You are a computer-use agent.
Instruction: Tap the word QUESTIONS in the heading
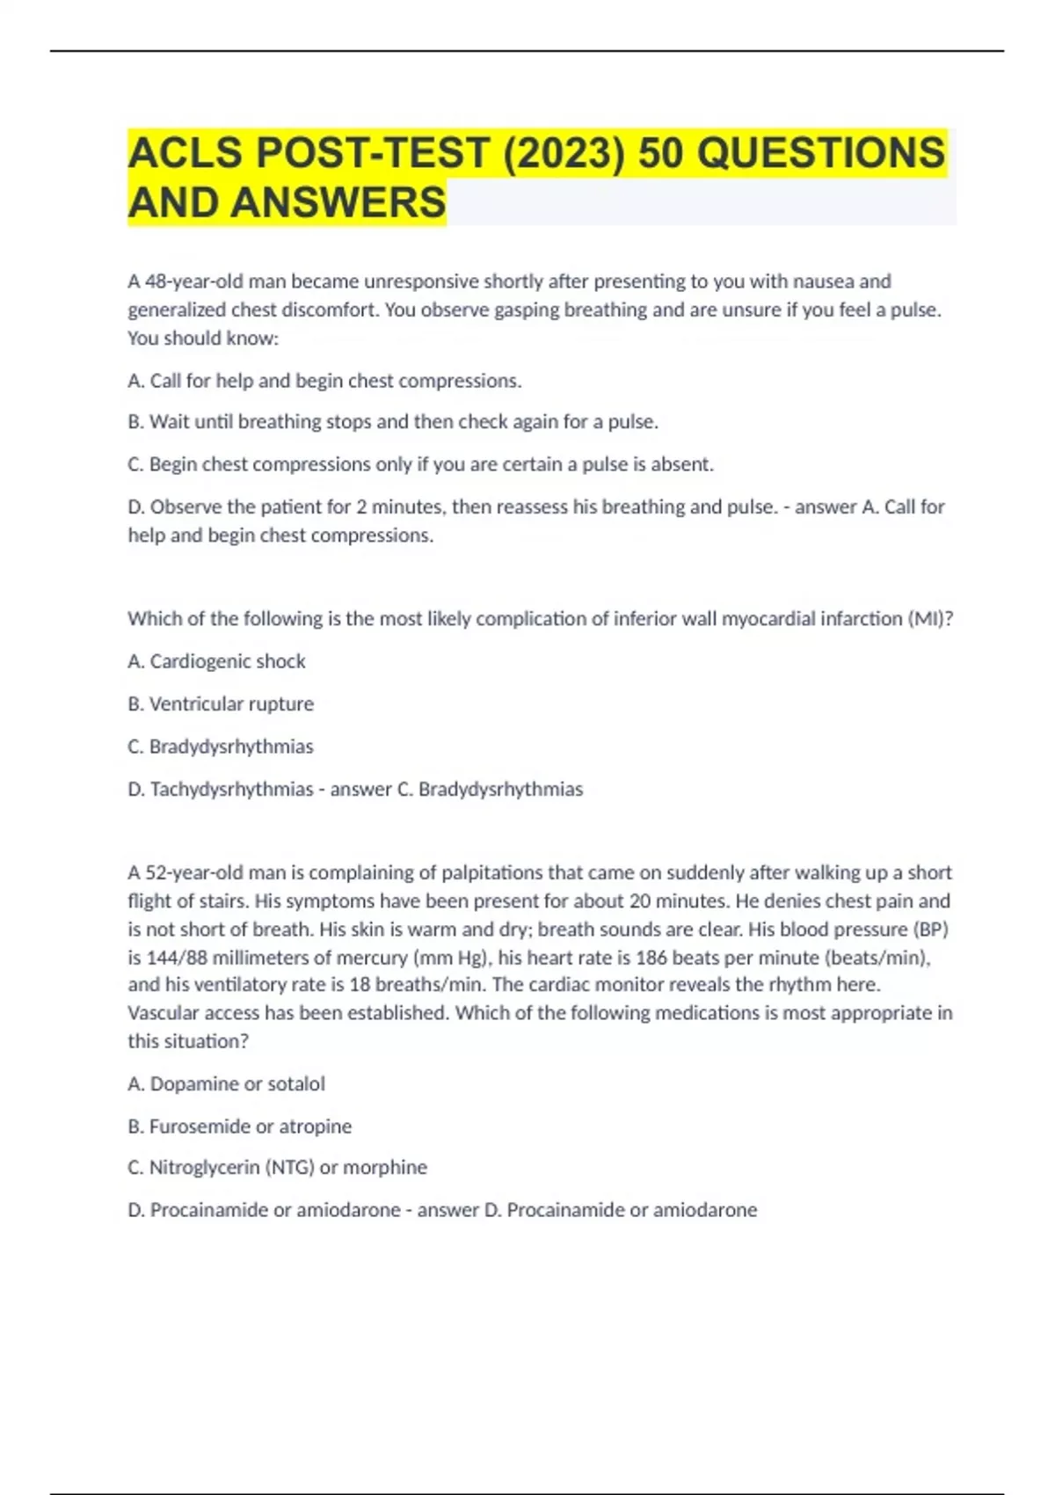click(822, 153)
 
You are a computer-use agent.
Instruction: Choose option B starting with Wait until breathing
click(393, 422)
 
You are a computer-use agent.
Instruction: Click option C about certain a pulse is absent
click(420, 464)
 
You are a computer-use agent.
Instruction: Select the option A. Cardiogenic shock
click(216, 661)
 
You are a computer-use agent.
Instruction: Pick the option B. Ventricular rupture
click(221, 704)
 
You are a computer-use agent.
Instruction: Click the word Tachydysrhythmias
click(231, 789)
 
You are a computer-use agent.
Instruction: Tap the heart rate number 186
click(651, 957)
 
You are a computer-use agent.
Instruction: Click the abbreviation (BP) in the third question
click(931, 929)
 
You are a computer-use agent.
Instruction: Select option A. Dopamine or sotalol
click(226, 1083)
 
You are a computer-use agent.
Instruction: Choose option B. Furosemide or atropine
click(239, 1126)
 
